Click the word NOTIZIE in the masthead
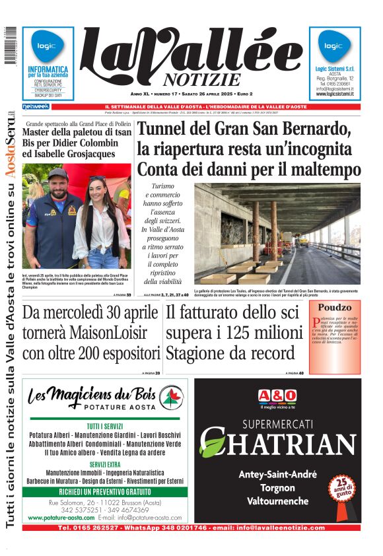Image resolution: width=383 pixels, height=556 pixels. pos(193,81)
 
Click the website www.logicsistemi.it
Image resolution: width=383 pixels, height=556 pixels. pos(335,94)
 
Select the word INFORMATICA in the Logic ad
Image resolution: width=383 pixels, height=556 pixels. pos(48,69)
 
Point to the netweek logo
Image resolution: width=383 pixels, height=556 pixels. pos(36,106)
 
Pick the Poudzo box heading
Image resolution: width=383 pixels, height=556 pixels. pos(335,308)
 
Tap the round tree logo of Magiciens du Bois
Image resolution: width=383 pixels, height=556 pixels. pos(170,397)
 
